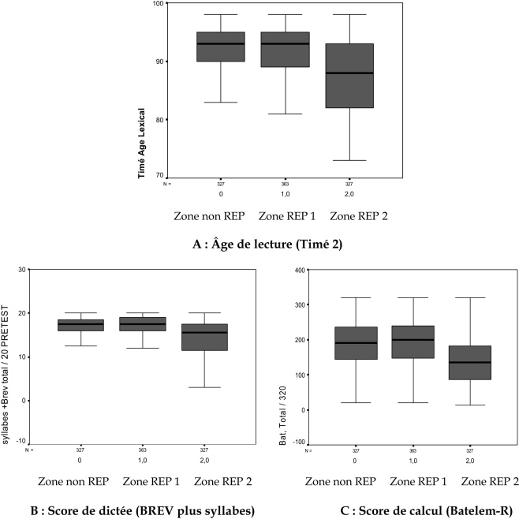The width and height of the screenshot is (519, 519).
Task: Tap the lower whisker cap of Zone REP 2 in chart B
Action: [204, 387]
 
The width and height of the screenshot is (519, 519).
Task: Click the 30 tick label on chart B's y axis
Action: [19, 270]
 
